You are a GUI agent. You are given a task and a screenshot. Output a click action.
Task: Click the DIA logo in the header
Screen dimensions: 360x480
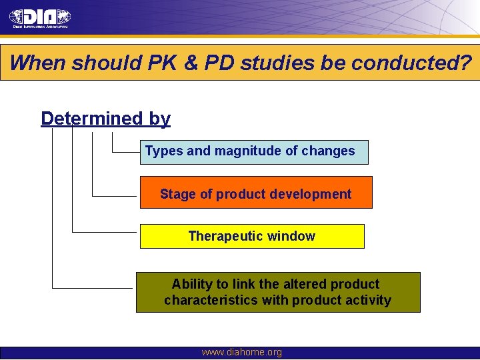pyautogui.click(x=40, y=17)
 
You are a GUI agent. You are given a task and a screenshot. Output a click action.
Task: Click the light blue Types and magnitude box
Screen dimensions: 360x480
pyautogui.click(x=253, y=152)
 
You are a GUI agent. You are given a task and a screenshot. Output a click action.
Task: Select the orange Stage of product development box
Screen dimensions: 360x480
pyautogui.click(x=256, y=193)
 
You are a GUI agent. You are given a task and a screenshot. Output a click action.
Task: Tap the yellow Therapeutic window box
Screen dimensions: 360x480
pyautogui.click(x=252, y=237)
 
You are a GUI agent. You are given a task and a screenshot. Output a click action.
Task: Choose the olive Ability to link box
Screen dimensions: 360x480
pyautogui.click(x=278, y=292)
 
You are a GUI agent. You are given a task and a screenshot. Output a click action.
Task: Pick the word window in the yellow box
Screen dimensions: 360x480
pyautogui.click(x=293, y=236)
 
